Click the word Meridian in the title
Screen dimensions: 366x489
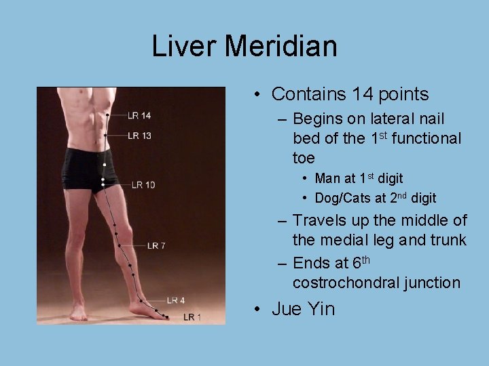coord(280,47)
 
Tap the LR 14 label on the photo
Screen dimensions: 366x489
coord(139,116)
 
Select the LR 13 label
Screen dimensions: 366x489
coord(139,136)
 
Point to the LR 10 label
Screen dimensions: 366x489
coord(143,184)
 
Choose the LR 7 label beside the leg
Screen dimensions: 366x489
coord(156,245)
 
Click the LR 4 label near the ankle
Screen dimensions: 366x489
coord(176,300)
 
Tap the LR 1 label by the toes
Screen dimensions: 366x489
coord(192,317)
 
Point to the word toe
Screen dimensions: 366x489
coord(304,159)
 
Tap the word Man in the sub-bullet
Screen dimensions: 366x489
coord(327,179)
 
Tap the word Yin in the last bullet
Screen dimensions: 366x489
coord(321,309)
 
